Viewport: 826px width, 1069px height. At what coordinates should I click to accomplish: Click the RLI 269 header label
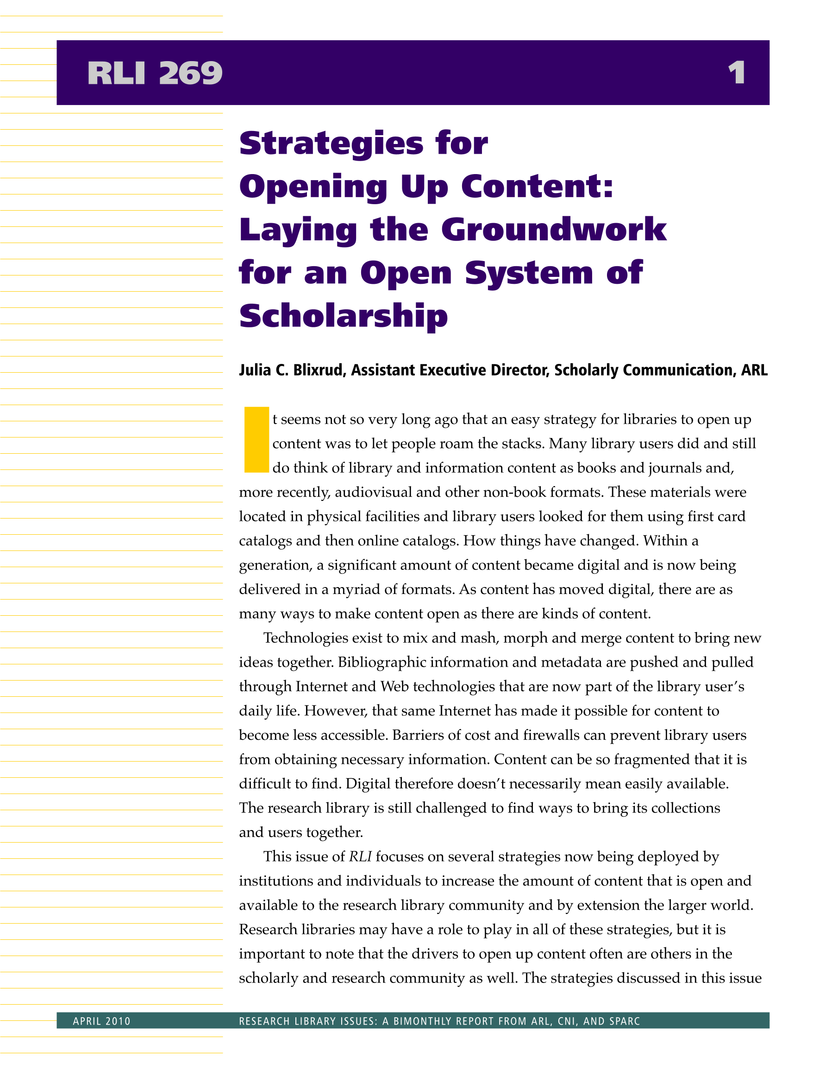[x=155, y=74]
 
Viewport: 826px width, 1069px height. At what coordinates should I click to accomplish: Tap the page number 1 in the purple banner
[x=736, y=74]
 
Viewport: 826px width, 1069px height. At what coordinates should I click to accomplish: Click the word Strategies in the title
[x=331, y=144]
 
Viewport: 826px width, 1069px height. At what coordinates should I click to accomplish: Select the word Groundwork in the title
[x=554, y=230]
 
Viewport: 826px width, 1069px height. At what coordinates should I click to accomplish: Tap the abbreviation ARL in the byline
[x=754, y=370]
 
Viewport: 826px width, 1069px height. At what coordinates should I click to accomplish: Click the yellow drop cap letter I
[x=257, y=439]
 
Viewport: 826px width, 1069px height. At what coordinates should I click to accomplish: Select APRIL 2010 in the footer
[x=102, y=1021]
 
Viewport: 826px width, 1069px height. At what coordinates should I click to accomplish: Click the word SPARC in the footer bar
[x=625, y=1021]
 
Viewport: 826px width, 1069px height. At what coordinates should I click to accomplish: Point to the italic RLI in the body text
[x=360, y=856]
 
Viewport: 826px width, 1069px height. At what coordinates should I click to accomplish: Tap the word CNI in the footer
[x=568, y=1021]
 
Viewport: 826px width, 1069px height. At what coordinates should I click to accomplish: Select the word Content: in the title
[x=537, y=187]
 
